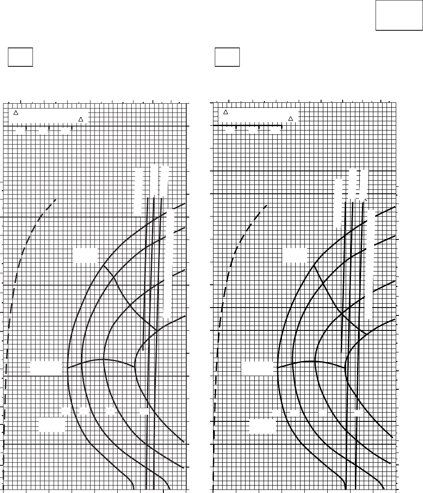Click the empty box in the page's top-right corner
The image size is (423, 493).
[x=399, y=15]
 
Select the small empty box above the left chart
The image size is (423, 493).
[x=20, y=58]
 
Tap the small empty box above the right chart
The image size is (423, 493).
[x=227, y=58]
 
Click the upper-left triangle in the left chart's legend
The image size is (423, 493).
[x=16, y=113]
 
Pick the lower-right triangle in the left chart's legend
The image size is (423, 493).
[x=80, y=119]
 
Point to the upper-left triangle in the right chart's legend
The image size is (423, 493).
[x=225, y=112]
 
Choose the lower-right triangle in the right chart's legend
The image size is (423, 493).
[x=290, y=119]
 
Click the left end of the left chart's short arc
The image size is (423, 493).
[x=67, y=368]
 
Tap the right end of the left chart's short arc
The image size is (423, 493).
[x=134, y=366]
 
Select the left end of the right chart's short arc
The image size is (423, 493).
[x=277, y=368]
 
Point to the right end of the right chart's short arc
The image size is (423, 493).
[x=345, y=367]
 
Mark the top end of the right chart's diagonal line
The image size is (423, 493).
[x=313, y=265]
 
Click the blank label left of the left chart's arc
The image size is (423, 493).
[x=46, y=368]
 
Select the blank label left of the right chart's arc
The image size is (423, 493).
[x=257, y=368]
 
